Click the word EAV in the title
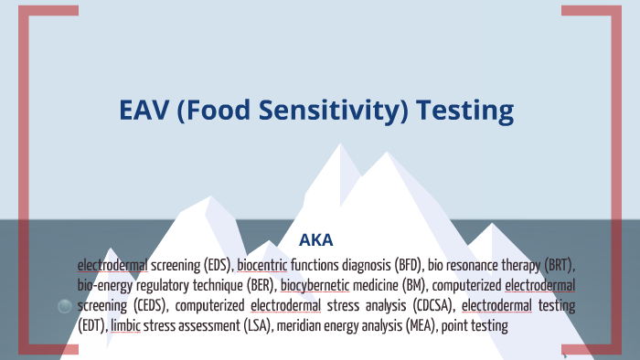click(x=147, y=111)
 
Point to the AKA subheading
click(x=316, y=241)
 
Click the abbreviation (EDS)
click(x=215, y=266)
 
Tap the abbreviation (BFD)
click(x=403, y=266)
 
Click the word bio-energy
click(x=104, y=286)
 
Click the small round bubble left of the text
click(x=64, y=307)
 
